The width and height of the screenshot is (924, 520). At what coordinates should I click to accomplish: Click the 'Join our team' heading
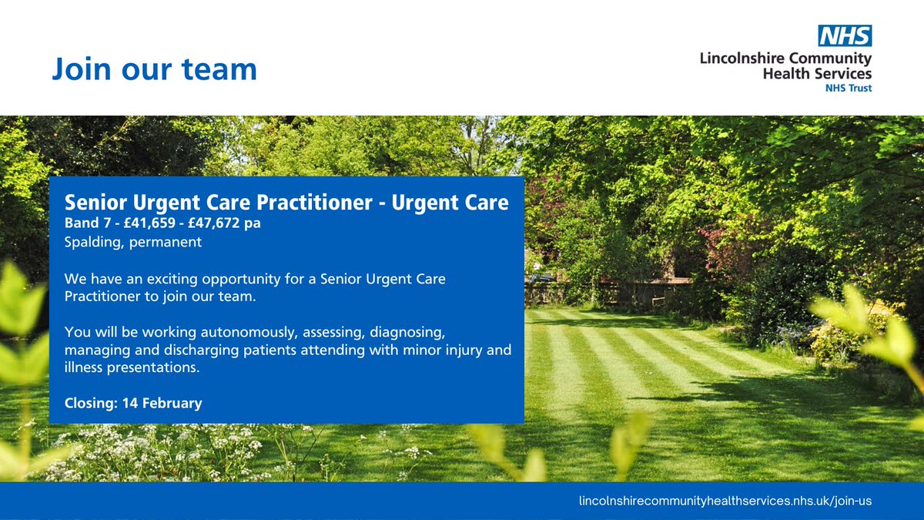154,69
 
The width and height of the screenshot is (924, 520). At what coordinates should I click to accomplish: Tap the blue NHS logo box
845,35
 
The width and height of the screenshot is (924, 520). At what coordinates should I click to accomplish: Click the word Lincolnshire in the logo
744,59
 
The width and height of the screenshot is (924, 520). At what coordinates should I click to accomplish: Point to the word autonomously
238,332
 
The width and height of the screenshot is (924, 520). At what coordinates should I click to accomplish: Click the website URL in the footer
725,501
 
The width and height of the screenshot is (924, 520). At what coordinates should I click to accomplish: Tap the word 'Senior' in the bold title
91,203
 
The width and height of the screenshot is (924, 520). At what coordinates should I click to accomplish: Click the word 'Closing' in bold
89,403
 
